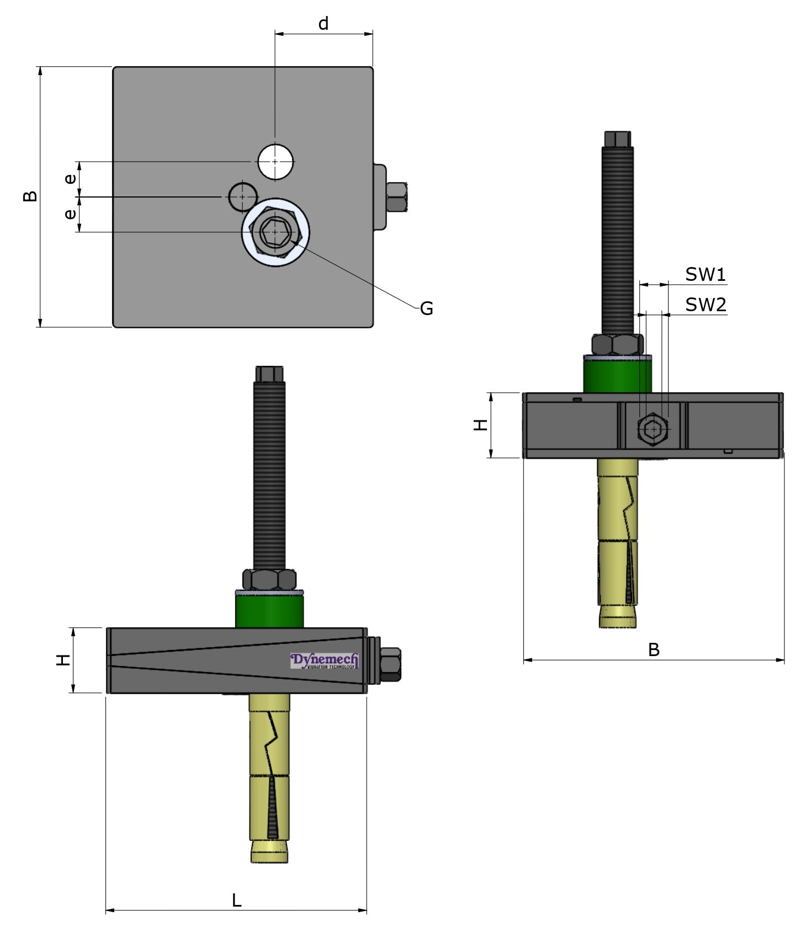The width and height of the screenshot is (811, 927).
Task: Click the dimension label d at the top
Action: pyautogui.click(x=324, y=24)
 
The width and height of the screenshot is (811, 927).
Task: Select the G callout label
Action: pyautogui.click(x=426, y=308)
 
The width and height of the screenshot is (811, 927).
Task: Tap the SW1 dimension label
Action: pyautogui.click(x=705, y=274)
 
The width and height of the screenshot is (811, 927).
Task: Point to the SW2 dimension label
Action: pyautogui.click(x=705, y=305)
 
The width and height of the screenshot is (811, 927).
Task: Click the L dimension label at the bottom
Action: pyautogui.click(x=236, y=901)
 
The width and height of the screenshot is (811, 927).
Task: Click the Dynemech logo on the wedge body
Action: pyautogui.click(x=325, y=660)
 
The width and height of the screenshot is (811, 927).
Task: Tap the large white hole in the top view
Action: pyautogui.click(x=275, y=161)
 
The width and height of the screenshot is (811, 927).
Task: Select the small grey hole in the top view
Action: pyautogui.click(x=243, y=196)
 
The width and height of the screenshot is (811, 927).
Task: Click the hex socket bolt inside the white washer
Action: pyautogui.click(x=275, y=232)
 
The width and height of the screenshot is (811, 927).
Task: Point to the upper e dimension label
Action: pyautogui.click(x=70, y=179)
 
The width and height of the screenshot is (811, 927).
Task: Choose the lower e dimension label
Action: pyautogui.click(x=70, y=214)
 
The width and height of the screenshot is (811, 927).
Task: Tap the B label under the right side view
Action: pyautogui.click(x=653, y=650)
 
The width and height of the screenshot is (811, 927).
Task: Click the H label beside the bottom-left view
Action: pyautogui.click(x=63, y=660)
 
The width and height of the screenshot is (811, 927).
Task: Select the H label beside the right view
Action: pyautogui.click(x=481, y=424)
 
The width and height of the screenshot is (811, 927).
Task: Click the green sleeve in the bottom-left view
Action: pyautogui.click(x=269, y=610)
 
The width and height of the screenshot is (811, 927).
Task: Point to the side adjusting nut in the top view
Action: pyautogui.click(x=397, y=197)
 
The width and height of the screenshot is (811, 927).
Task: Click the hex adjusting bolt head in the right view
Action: pyautogui.click(x=653, y=429)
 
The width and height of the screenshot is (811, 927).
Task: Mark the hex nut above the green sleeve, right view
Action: pyautogui.click(x=617, y=344)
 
